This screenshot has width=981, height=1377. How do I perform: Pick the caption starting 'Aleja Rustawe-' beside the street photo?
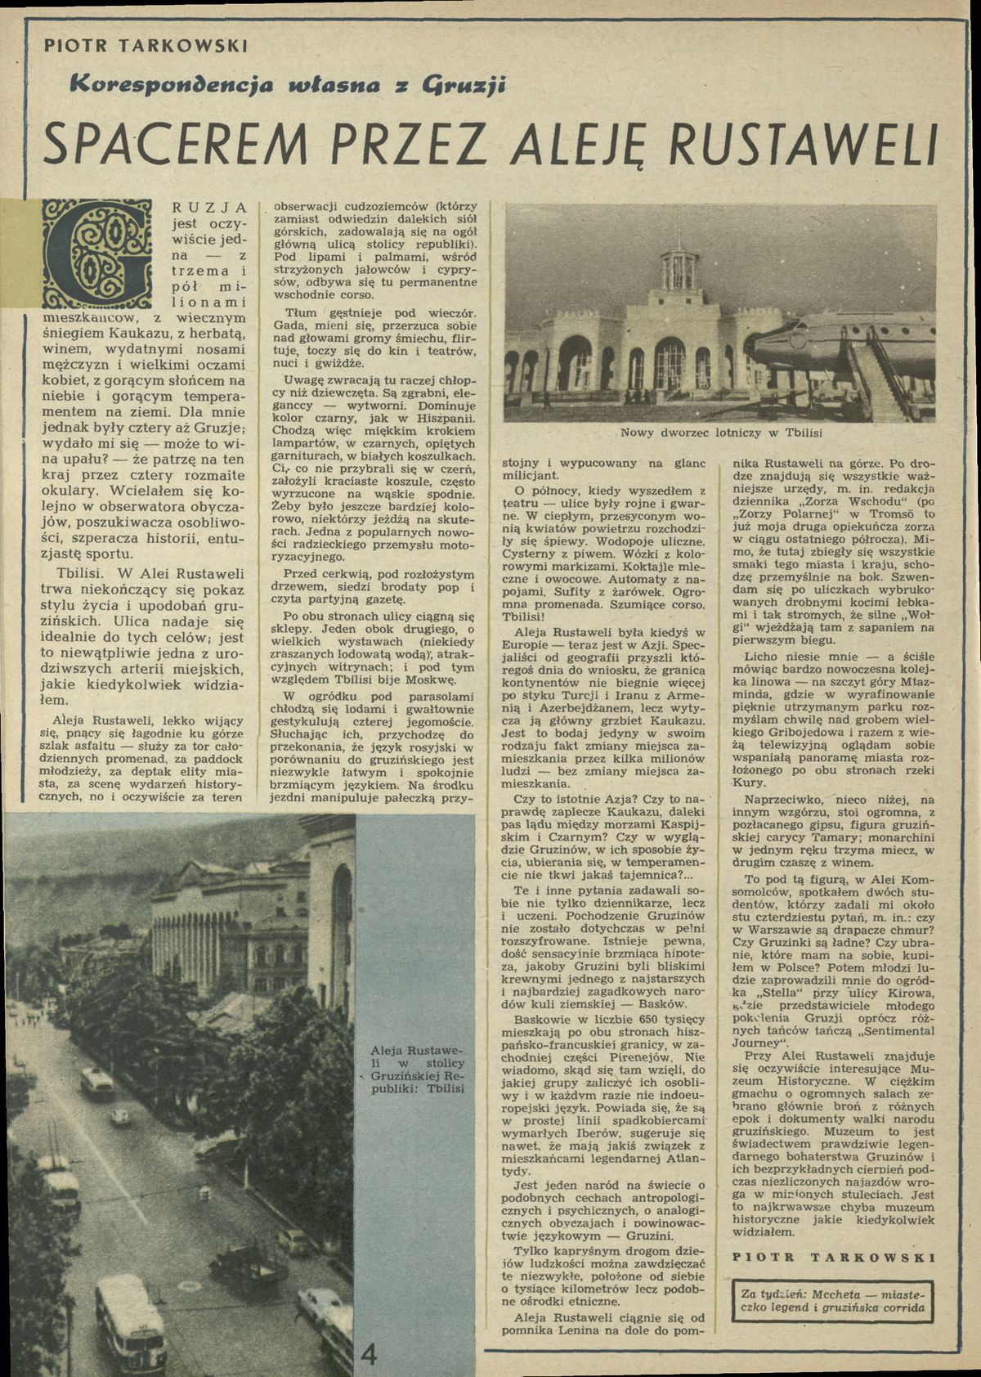pos(418,1072)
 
